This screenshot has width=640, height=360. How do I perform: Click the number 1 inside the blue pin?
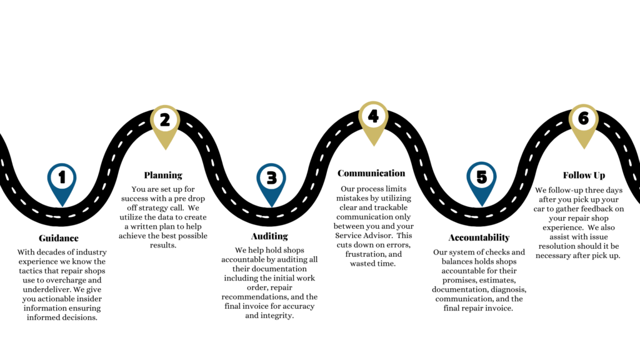tap(62, 178)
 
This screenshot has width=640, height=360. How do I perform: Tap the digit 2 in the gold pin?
tap(165, 119)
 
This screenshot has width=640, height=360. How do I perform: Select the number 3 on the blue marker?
tap(272, 178)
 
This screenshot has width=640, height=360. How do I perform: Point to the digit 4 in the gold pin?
tap(373, 116)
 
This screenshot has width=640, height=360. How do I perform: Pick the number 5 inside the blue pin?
tap(481, 177)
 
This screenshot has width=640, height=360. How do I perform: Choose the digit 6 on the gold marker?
tap(583, 119)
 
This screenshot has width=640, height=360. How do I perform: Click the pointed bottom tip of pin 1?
tap(62, 207)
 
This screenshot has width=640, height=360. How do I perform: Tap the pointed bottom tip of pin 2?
tap(165, 151)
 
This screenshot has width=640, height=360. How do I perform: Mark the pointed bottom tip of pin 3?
tap(272, 207)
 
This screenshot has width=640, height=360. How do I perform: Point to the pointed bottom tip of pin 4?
tap(373, 147)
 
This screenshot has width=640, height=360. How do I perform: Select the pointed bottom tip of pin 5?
tap(481, 206)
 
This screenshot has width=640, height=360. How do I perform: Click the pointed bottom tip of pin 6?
tap(583, 150)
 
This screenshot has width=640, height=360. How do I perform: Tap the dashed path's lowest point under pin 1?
tap(59, 217)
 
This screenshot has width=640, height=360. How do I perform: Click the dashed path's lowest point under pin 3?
tap(269, 217)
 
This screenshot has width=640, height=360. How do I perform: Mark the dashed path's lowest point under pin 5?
tap(478, 217)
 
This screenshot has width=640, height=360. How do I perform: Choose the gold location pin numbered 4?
tap(373, 122)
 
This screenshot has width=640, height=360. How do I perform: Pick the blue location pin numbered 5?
tap(481, 182)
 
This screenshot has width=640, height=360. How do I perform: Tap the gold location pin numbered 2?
tap(165, 125)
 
